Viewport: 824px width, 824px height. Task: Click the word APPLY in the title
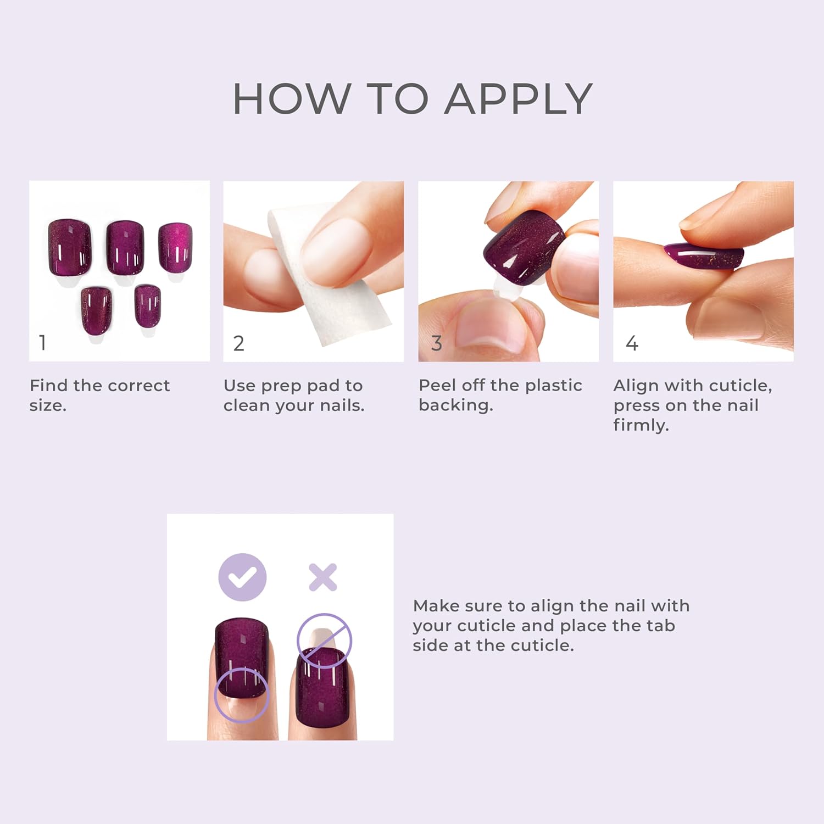pyautogui.click(x=519, y=99)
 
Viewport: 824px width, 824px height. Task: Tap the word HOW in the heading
pyautogui.click(x=292, y=99)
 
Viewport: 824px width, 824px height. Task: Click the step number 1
pyautogui.click(x=42, y=343)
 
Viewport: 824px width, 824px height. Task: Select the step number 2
pyautogui.click(x=238, y=343)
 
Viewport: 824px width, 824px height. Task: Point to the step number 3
pyautogui.click(x=437, y=343)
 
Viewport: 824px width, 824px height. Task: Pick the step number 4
pyautogui.click(x=632, y=343)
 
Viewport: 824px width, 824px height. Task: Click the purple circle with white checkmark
pyautogui.click(x=242, y=577)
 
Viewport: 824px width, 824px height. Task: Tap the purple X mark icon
pyautogui.click(x=322, y=577)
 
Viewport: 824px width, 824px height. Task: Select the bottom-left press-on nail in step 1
pyautogui.click(x=96, y=309)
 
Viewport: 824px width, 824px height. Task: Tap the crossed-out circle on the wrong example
pyautogui.click(x=324, y=641)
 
